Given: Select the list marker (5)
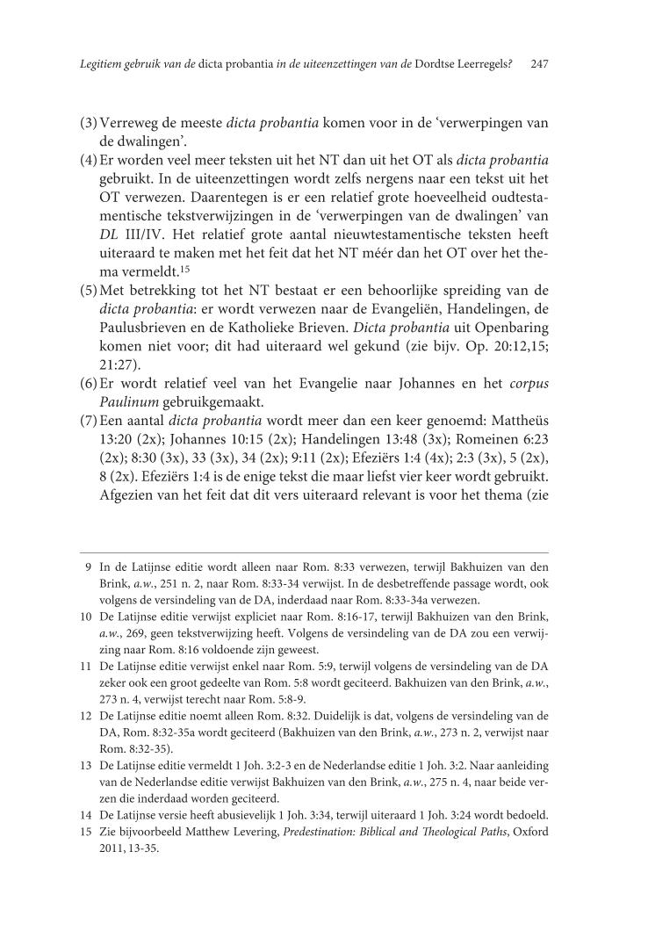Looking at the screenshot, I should [88, 288].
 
